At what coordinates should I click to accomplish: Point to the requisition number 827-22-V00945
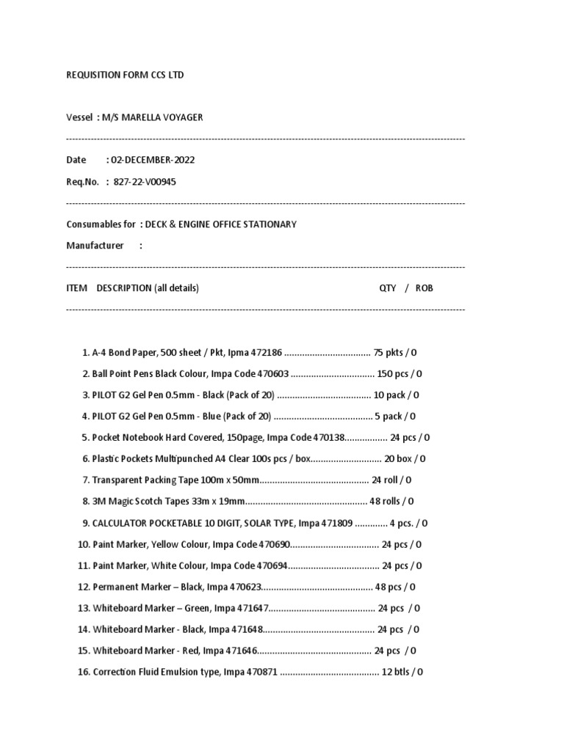click(x=145, y=182)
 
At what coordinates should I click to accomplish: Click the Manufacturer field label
click(x=95, y=246)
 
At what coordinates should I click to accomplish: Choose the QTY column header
click(x=387, y=288)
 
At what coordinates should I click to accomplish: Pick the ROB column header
click(x=424, y=288)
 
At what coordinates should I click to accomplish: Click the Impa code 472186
click(x=267, y=353)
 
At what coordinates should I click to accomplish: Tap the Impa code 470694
click(x=272, y=566)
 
